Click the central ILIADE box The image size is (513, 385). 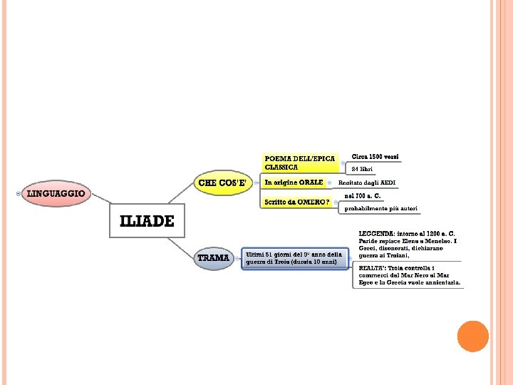coord(146,222)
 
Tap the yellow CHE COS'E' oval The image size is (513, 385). coord(222,183)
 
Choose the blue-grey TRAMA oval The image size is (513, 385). coord(214,257)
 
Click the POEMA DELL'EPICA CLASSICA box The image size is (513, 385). coord(299,163)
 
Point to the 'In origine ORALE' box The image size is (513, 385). coord(294,183)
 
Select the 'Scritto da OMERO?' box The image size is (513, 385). coord(297,202)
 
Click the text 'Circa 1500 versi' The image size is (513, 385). coord(375,156)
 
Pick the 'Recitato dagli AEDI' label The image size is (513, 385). coord(366,183)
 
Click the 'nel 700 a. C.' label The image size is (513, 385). coord(363,195)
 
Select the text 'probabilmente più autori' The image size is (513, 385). coord(381,209)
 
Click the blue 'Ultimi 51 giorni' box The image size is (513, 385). coord(294,258)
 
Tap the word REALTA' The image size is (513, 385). coord(374,267)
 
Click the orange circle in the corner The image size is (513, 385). coord(472,336)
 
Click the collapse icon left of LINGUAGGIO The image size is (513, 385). coord(18,193)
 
